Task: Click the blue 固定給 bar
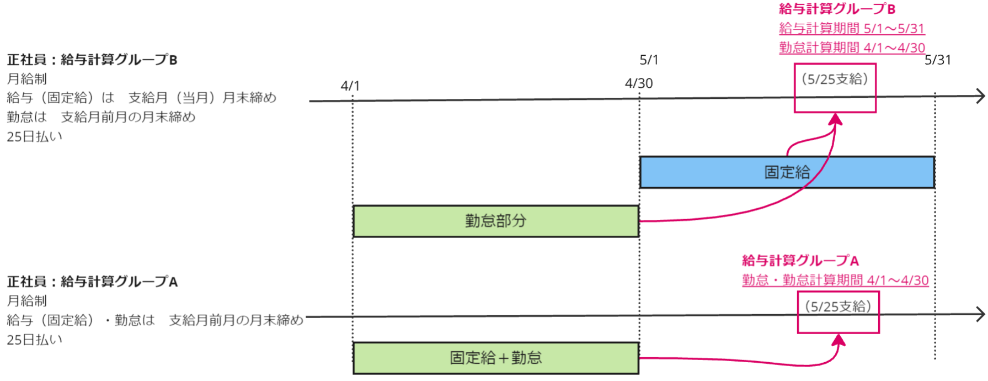[x=787, y=172]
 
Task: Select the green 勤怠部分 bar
[x=495, y=221]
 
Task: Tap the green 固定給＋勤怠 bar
[x=495, y=358]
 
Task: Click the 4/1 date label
[x=350, y=86]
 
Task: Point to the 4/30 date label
[x=639, y=83]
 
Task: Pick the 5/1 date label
[x=649, y=60]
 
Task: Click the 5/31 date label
[x=938, y=60]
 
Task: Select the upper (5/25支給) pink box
[x=835, y=88]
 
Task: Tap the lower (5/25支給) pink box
[x=838, y=313]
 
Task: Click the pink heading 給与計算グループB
[x=837, y=9]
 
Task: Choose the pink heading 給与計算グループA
[x=800, y=261]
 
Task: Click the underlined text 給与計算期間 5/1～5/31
[x=852, y=28]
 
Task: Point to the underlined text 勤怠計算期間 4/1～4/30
[x=852, y=48]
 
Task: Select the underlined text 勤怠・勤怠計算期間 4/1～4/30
[x=835, y=281]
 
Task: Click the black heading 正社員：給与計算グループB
[x=92, y=60]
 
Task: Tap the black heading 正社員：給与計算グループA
[x=92, y=282]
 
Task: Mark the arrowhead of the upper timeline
[x=981, y=96]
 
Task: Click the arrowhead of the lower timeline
[x=981, y=315]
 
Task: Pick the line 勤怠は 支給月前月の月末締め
[x=101, y=117]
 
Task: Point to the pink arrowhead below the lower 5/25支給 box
[x=839, y=340]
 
